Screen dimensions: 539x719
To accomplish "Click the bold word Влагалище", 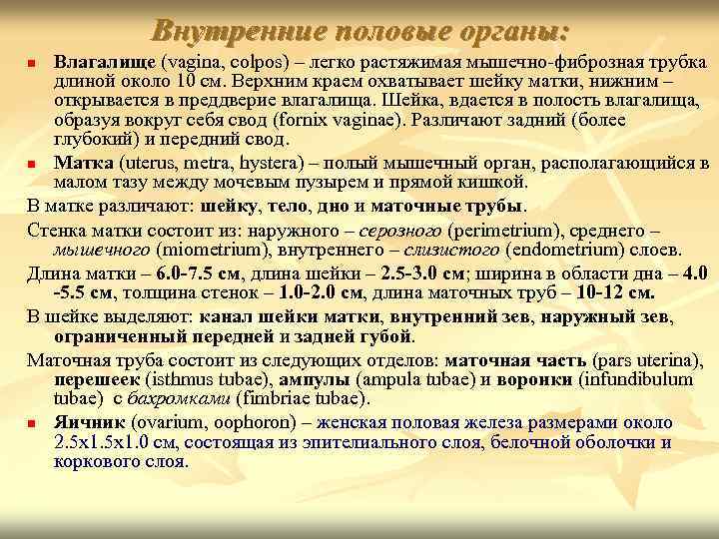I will pos(104,63).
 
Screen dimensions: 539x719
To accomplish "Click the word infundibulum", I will pos(637,379).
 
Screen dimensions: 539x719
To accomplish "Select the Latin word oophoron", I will pos(263,422).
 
